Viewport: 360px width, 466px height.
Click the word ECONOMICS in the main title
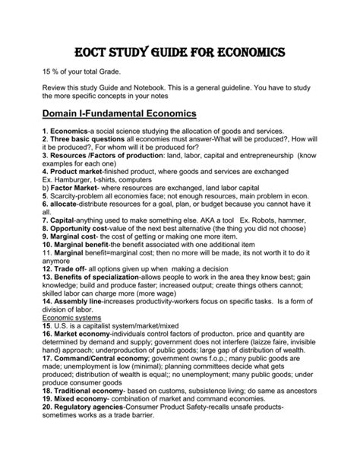tap(241, 53)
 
